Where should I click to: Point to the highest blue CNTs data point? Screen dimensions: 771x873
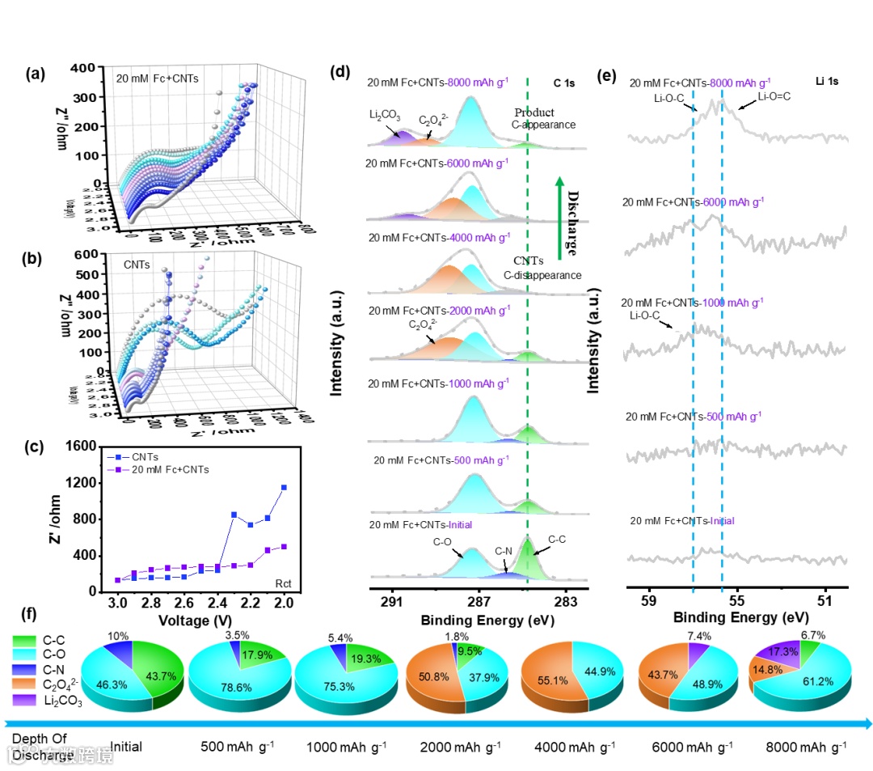284,487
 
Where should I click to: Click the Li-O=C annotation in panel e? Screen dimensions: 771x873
774,96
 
